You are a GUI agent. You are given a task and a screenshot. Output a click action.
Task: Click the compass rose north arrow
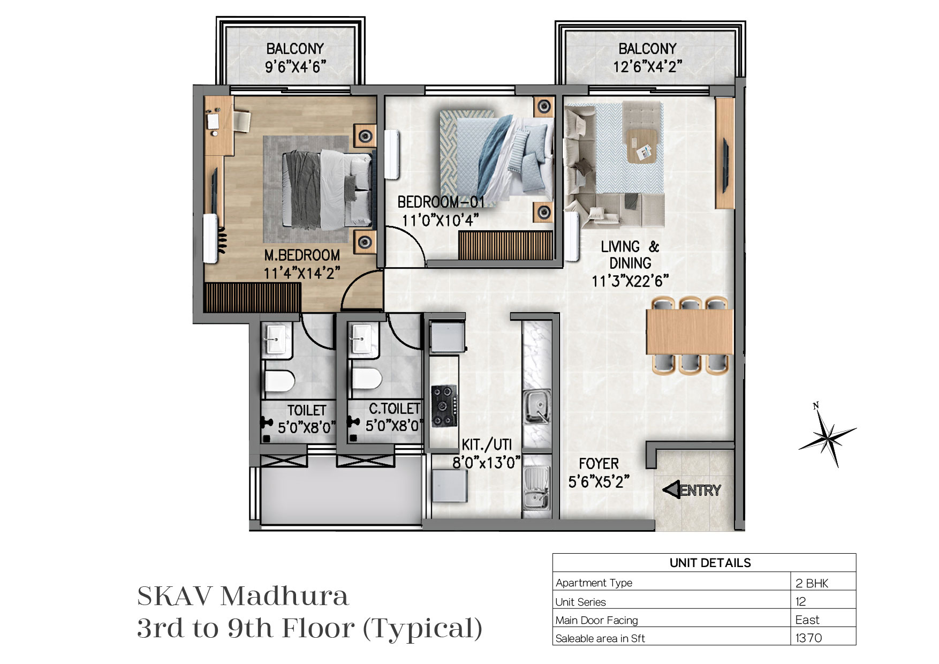tap(827, 435)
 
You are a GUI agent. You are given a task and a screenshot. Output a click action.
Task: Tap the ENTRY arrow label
tap(692, 490)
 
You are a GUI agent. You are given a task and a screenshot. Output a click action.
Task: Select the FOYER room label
tap(599, 464)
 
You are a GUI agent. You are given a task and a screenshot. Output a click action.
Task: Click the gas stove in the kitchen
tap(444, 407)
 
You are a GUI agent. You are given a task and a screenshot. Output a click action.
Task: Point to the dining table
tap(690, 332)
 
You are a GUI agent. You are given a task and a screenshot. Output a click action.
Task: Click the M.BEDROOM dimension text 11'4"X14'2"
tap(302, 273)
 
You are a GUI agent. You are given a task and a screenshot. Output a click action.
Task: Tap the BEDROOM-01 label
tap(441, 202)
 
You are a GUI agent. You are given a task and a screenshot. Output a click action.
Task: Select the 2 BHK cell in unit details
tap(812, 583)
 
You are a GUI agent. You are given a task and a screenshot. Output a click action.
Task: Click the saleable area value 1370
tap(808, 638)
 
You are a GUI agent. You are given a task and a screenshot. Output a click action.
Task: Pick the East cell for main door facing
tap(807, 620)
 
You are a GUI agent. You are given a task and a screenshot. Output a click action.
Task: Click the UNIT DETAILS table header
tap(710, 563)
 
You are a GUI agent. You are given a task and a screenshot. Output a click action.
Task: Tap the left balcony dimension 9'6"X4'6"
tap(296, 67)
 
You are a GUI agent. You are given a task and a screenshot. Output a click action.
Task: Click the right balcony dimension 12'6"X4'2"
tap(647, 67)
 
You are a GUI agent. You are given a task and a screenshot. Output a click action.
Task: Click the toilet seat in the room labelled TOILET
tap(279, 381)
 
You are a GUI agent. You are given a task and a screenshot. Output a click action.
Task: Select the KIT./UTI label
tap(487, 444)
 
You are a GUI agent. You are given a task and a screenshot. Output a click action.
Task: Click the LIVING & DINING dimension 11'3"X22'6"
tap(630, 281)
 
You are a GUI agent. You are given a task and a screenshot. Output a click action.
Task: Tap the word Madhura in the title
tap(285, 596)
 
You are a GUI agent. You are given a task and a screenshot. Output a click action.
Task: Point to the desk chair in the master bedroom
tap(242, 121)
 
